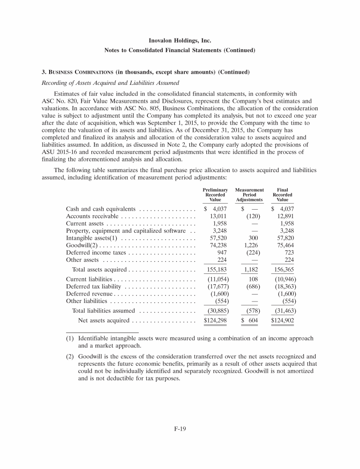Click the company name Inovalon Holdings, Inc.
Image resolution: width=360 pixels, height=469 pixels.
coord(180,41)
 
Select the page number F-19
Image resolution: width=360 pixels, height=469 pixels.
coord(180,427)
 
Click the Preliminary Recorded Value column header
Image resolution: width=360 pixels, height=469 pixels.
coord(215,195)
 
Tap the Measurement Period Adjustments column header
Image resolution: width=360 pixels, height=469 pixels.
coord(249,195)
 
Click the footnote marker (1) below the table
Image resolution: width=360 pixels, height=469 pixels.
coord(70,338)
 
